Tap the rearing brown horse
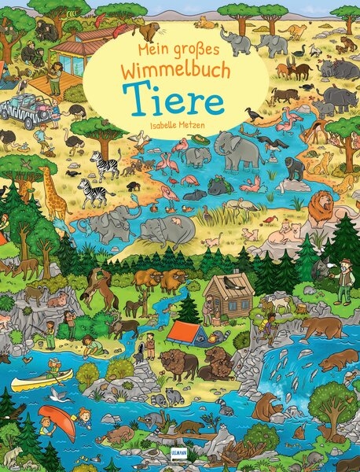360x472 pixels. pyautogui.click(x=97, y=286)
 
